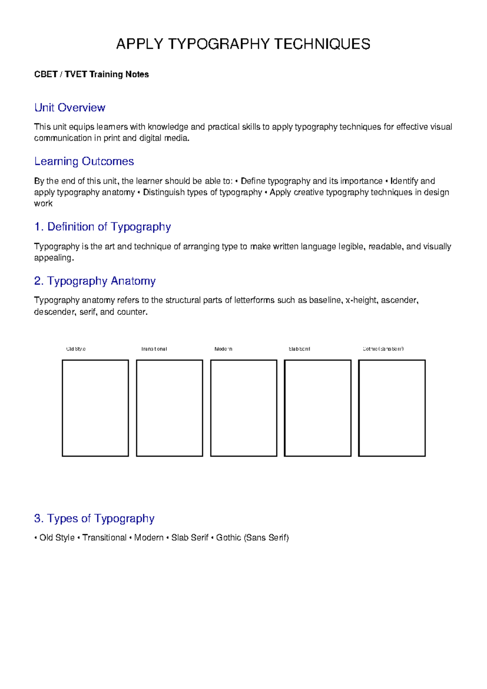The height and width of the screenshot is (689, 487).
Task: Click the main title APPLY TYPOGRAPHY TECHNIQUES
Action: tap(243, 44)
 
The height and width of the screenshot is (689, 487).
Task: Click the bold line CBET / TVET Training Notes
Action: tap(91, 74)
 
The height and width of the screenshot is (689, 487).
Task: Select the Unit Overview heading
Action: tap(70, 108)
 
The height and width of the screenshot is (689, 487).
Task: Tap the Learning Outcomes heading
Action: tap(84, 161)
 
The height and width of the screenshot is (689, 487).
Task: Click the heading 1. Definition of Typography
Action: tap(102, 227)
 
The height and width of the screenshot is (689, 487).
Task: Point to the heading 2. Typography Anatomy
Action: tap(95, 281)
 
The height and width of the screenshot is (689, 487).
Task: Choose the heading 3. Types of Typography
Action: tap(94, 518)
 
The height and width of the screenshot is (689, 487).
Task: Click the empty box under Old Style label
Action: tap(95, 408)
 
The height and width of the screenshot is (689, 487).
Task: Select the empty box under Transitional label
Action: tap(169, 408)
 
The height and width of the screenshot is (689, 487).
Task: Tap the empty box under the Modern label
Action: tap(243, 408)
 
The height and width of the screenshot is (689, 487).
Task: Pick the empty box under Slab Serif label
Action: tap(317, 408)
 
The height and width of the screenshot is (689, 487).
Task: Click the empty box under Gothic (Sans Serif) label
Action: tap(392, 408)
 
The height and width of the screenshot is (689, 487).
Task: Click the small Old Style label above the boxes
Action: tap(76, 349)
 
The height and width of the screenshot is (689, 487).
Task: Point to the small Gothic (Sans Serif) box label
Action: tap(383, 349)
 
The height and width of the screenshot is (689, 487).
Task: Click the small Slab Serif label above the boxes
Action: tap(299, 349)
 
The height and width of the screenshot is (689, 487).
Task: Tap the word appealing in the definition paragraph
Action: tap(53, 258)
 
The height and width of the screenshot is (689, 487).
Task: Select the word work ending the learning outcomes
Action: tap(43, 204)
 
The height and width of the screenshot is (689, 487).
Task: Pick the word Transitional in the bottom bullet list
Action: tap(104, 537)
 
